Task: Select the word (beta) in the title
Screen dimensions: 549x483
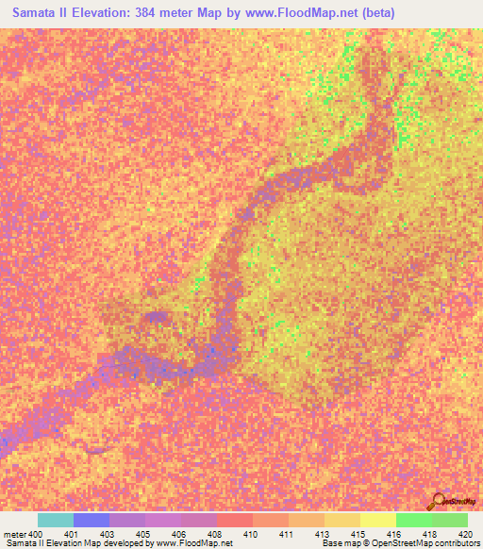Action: [374, 12]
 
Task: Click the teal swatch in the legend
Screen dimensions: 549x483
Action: [56, 520]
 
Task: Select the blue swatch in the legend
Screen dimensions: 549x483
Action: [92, 520]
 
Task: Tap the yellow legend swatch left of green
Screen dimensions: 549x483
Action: [378, 520]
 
